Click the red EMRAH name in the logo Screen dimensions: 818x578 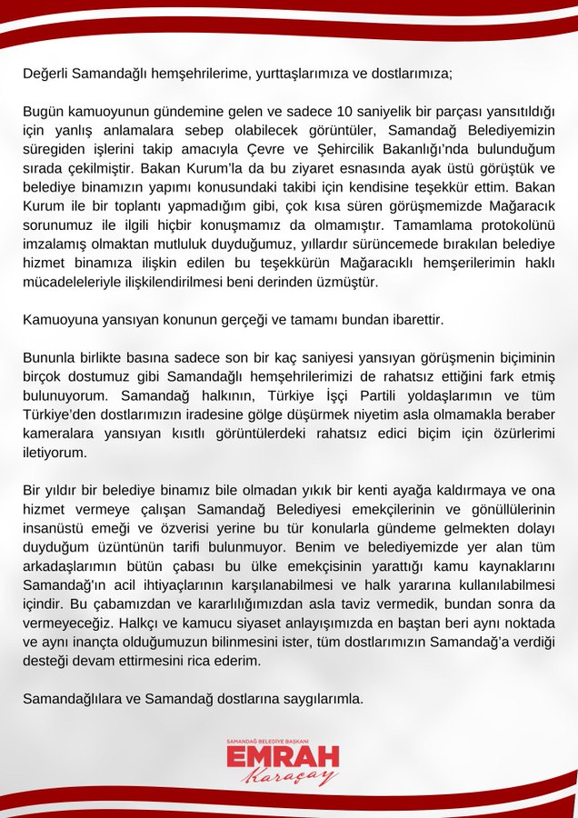(283, 758)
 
